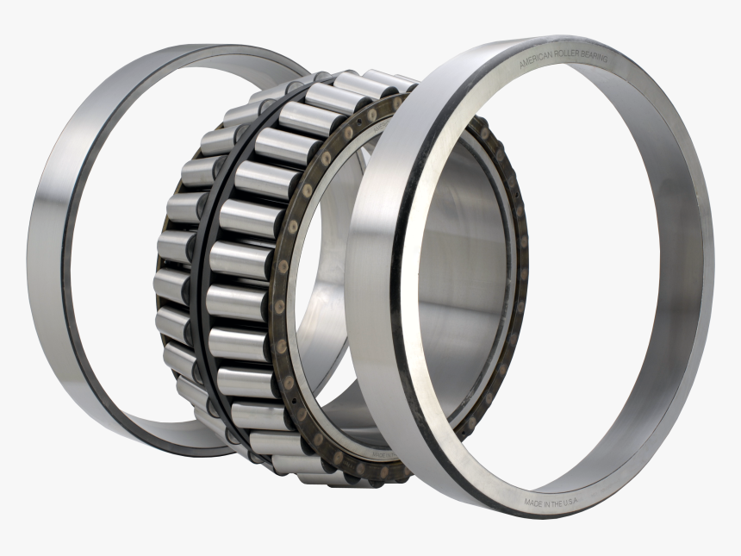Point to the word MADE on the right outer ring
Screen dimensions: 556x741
click(533, 500)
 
